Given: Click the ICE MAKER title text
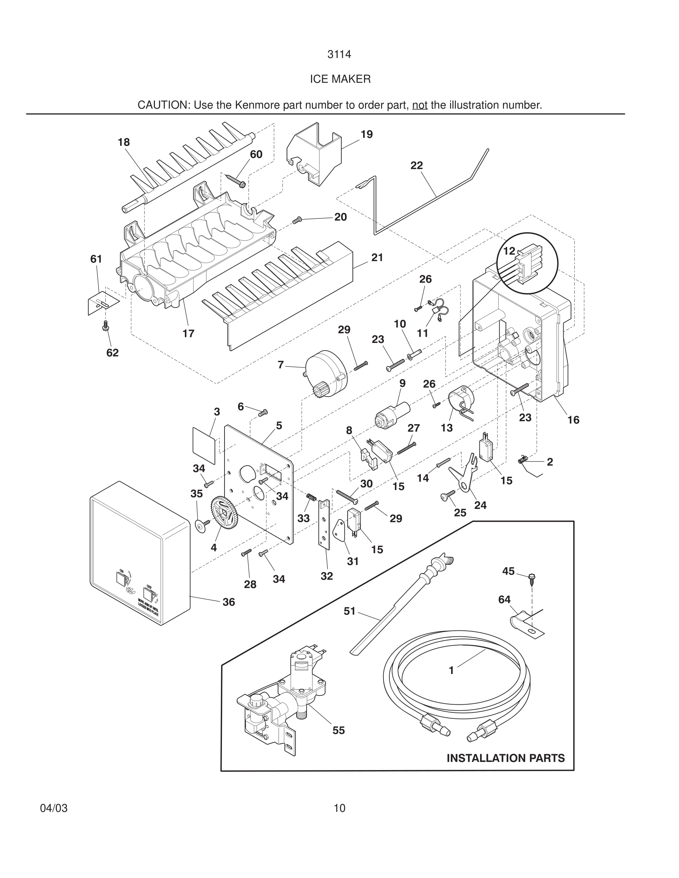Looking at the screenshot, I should (x=340, y=79).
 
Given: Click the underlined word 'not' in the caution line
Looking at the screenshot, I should (x=419, y=105).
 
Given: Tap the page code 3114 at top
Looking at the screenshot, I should (x=339, y=54).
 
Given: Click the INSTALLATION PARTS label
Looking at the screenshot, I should (x=506, y=758).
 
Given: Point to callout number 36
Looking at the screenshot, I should (x=229, y=602).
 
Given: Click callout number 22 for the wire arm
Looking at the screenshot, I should (x=417, y=165).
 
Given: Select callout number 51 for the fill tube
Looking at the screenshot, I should (x=349, y=611).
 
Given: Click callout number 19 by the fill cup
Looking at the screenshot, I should (x=366, y=134).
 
